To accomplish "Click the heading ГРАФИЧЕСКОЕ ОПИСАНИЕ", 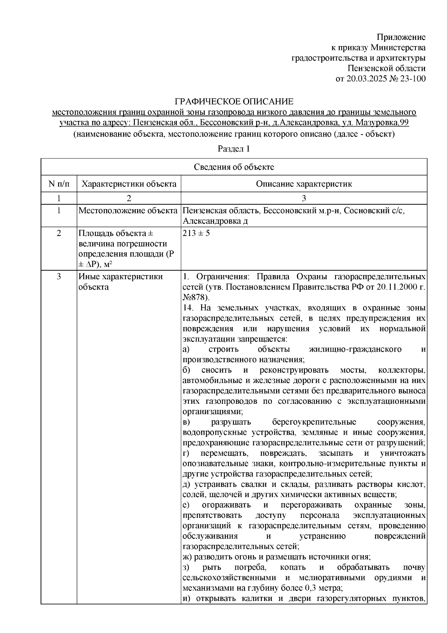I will click(x=234, y=101).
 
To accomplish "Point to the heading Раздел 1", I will click(x=234, y=149).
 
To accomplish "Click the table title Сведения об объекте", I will click(x=234, y=167).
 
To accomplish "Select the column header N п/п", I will click(x=58, y=184).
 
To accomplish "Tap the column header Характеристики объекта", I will click(x=129, y=184).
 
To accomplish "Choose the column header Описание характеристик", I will click(x=304, y=184).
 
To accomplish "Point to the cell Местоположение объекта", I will click(x=128, y=211).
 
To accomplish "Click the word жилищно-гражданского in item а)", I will click(x=355, y=349).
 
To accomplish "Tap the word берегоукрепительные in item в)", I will click(x=314, y=422).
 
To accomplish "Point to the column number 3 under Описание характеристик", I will click(x=304, y=198).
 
